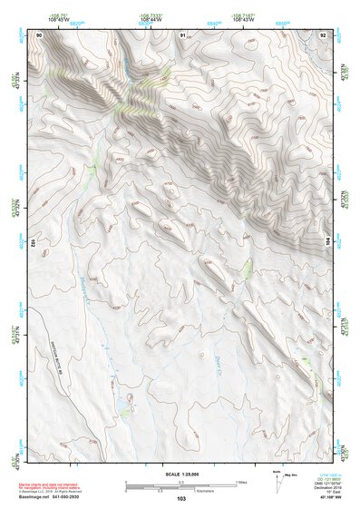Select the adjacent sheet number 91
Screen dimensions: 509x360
pyautogui.click(x=183, y=34)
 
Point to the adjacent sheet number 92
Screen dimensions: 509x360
pyautogui.click(x=324, y=34)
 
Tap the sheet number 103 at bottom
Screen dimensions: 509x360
pyautogui.click(x=181, y=499)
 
